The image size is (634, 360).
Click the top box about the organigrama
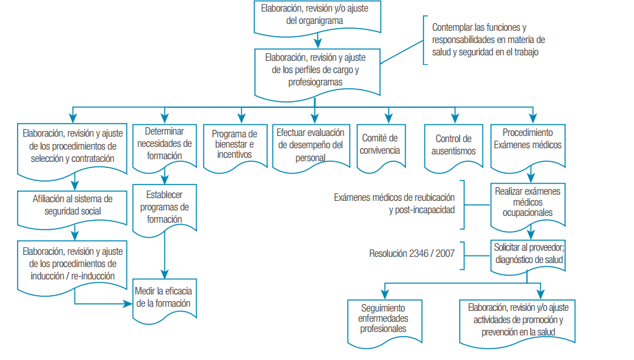point(315,16)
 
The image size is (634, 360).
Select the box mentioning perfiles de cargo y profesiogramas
point(315,71)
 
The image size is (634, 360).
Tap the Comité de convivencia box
point(381,145)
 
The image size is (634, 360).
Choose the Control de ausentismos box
point(454,145)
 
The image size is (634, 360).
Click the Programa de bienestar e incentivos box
point(234,144)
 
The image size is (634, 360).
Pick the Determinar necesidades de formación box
point(164,143)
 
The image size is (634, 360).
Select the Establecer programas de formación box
point(164,207)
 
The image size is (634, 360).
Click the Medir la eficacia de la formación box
point(164,297)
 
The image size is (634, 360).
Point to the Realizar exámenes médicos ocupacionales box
point(527,202)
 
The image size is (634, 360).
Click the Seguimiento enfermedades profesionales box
point(383,318)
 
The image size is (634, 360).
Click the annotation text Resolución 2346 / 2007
point(411,253)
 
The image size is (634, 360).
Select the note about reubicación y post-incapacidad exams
point(394,204)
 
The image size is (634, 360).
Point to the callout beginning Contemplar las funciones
point(488,40)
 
